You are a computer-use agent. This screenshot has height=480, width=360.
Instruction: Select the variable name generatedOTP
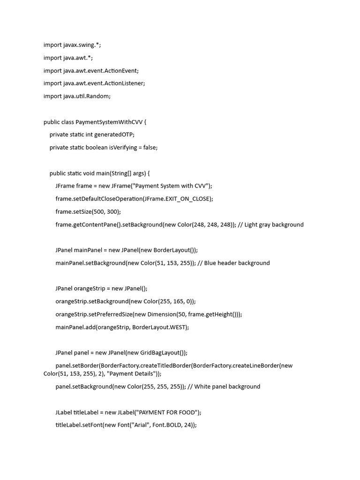point(114,135)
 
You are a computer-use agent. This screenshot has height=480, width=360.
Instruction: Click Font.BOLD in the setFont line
point(167,425)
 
